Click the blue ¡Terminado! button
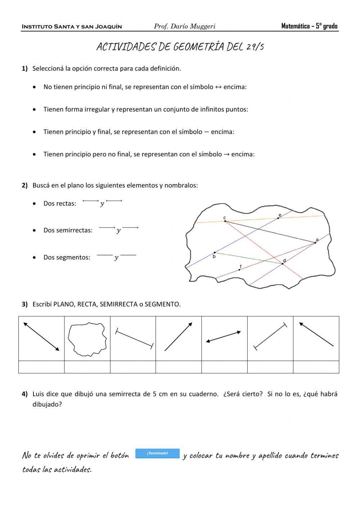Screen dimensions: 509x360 [x=157, y=453]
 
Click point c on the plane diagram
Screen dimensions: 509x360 [x=225, y=221]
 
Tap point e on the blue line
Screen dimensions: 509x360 [x=278, y=218]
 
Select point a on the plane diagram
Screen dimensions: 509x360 [x=315, y=242]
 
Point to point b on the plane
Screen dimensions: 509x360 [x=215, y=253]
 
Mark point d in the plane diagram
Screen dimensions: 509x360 [x=283, y=264]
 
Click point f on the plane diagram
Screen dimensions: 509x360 [x=239, y=269]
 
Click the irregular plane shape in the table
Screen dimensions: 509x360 [x=87, y=339]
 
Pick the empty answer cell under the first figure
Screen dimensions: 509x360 [x=41, y=367]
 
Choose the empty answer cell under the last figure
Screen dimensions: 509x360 [x=316, y=367]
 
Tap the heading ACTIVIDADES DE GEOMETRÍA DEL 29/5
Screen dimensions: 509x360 [x=180, y=47]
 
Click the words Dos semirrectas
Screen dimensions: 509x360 [x=68, y=230]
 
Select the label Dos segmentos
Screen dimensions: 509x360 [x=67, y=257]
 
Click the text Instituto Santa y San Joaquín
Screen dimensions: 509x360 [x=72, y=27]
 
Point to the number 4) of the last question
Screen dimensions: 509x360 [x=24, y=394]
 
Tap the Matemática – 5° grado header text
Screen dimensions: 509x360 [x=309, y=26]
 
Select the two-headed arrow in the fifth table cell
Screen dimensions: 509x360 [x=223, y=336]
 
